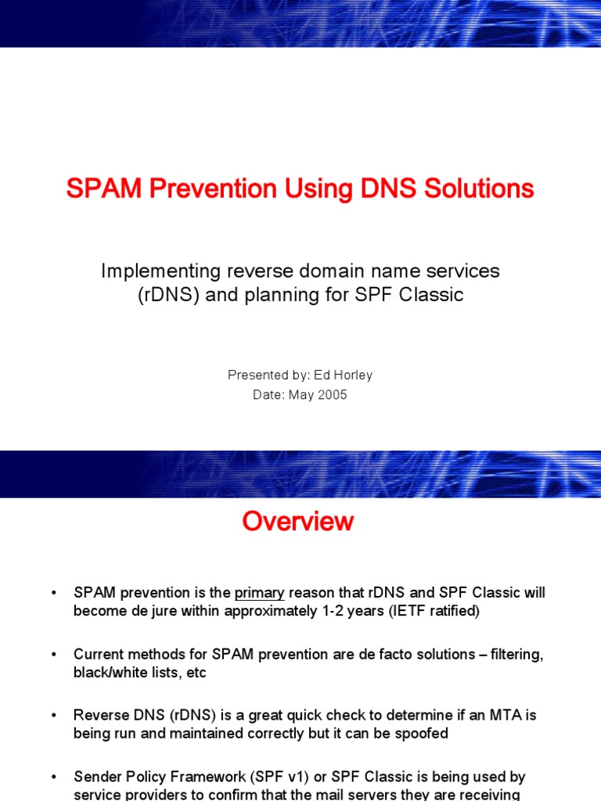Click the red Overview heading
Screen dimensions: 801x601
point(298,522)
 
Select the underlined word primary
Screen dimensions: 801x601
point(259,593)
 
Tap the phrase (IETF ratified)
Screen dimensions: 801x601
point(433,611)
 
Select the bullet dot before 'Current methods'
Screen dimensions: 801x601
point(53,655)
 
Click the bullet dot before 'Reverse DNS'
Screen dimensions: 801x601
point(53,716)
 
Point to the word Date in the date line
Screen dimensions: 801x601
point(267,395)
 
